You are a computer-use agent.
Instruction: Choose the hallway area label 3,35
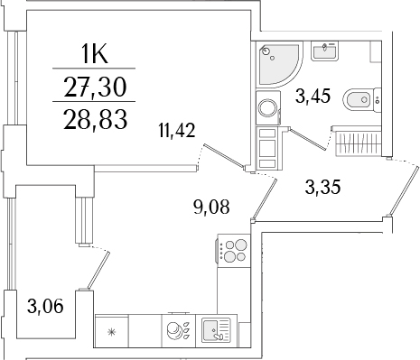322,188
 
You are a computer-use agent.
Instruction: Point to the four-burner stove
235,249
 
